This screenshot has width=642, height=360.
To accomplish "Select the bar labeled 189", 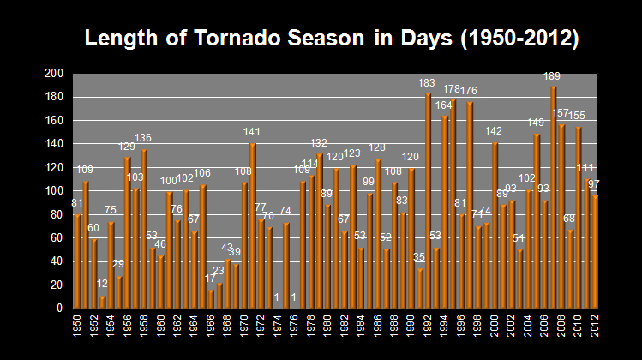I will point(554,197).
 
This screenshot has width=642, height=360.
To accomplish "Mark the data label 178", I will point(452,89).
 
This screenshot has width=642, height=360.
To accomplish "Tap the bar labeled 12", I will point(103,302).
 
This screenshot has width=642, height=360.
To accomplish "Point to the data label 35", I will point(419,257).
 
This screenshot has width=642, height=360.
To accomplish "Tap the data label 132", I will point(319,143).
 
